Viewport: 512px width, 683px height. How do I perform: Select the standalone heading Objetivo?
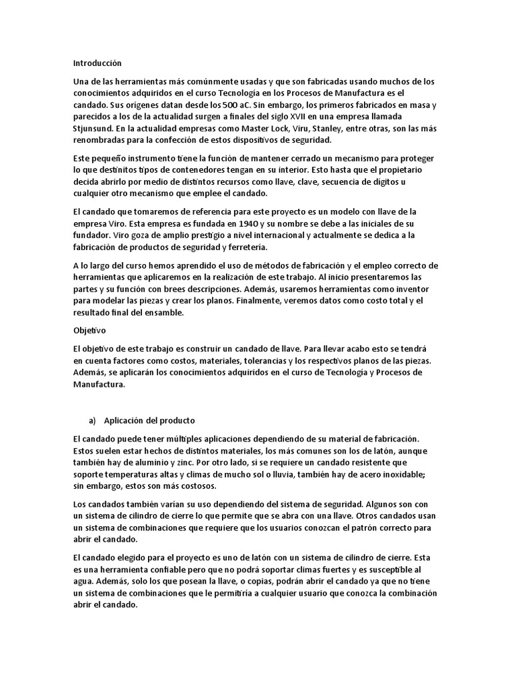(89, 329)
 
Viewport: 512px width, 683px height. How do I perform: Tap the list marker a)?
(93, 420)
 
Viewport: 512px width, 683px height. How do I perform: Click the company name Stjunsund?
(94, 127)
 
